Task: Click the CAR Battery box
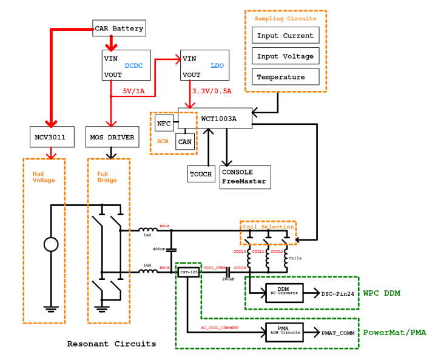(119, 28)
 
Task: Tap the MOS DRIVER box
(112, 138)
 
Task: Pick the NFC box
(164, 124)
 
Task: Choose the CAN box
(185, 142)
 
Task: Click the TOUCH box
(201, 174)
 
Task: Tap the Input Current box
(285, 36)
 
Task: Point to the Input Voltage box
(285, 56)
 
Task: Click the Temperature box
(285, 77)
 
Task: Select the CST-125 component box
(189, 272)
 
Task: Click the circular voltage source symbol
(50, 245)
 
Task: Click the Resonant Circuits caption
(111, 344)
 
